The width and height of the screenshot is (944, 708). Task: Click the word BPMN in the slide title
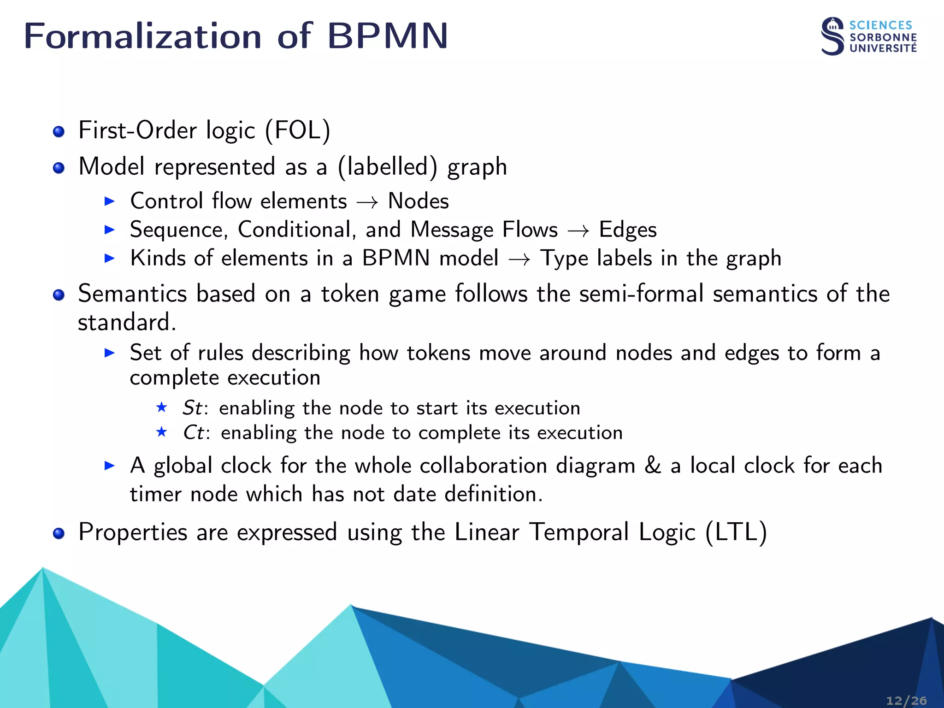click(x=387, y=36)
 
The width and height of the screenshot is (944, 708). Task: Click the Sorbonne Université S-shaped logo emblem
click(x=832, y=37)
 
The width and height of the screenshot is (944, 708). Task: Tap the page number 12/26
click(x=906, y=701)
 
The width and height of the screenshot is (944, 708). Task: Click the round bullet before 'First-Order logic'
click(x=59, y=132)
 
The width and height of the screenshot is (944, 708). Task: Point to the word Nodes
click(x=418, y=201)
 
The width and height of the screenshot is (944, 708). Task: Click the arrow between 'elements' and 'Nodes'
click(x=367, y=202)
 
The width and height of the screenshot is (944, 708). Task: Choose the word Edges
click(x=627, y=230)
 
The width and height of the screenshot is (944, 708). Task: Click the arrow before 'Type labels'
click(x=519, y=259)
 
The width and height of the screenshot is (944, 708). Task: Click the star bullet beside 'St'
click(x=161, y=407)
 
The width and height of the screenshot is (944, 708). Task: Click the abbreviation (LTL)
click(x=736, y=532)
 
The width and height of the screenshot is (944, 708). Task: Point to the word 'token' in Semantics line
click(x=350, y=294)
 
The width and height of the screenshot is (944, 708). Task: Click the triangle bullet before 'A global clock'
click(x=109, y=466)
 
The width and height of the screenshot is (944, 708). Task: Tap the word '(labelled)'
click(x=387, y=166)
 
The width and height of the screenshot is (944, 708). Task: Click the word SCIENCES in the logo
click(x=880, y=25)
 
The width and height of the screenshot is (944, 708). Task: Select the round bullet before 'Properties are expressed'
click(x=59, y=534)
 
